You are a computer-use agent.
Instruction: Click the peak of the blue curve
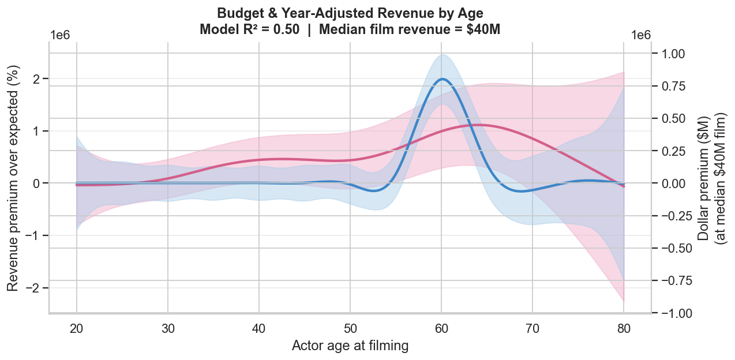[442, 79]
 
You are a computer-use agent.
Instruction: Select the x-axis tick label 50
[350, 329]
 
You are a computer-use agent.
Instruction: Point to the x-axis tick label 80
[623, 329]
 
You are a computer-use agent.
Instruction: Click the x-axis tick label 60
[441, 329]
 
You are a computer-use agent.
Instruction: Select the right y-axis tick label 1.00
[671, 54]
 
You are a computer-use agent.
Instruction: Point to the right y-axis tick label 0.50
[671, 119]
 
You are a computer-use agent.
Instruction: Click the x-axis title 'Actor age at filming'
[350, 346]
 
